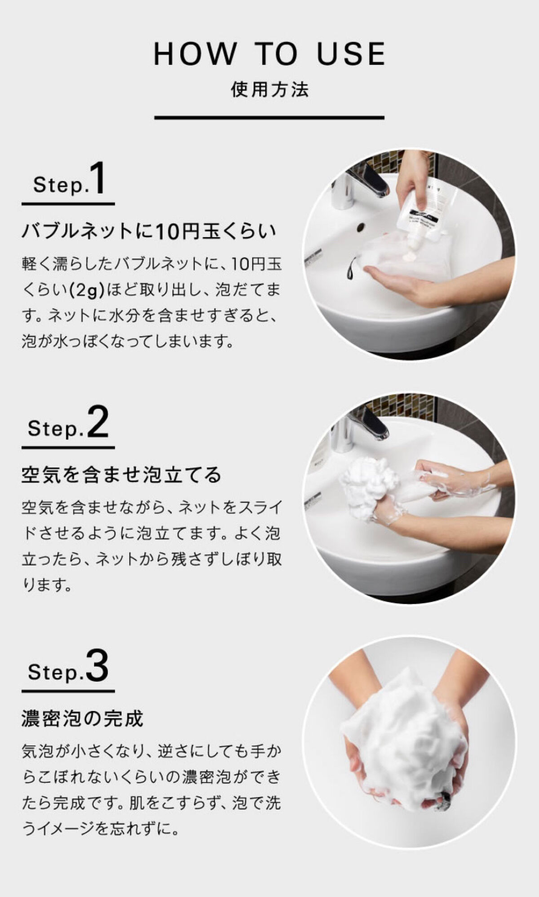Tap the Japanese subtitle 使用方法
269,89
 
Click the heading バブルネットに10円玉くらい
149,232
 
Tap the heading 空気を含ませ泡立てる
122,475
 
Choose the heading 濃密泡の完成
82,718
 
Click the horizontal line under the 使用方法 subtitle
269,118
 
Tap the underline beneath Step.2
68,447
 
